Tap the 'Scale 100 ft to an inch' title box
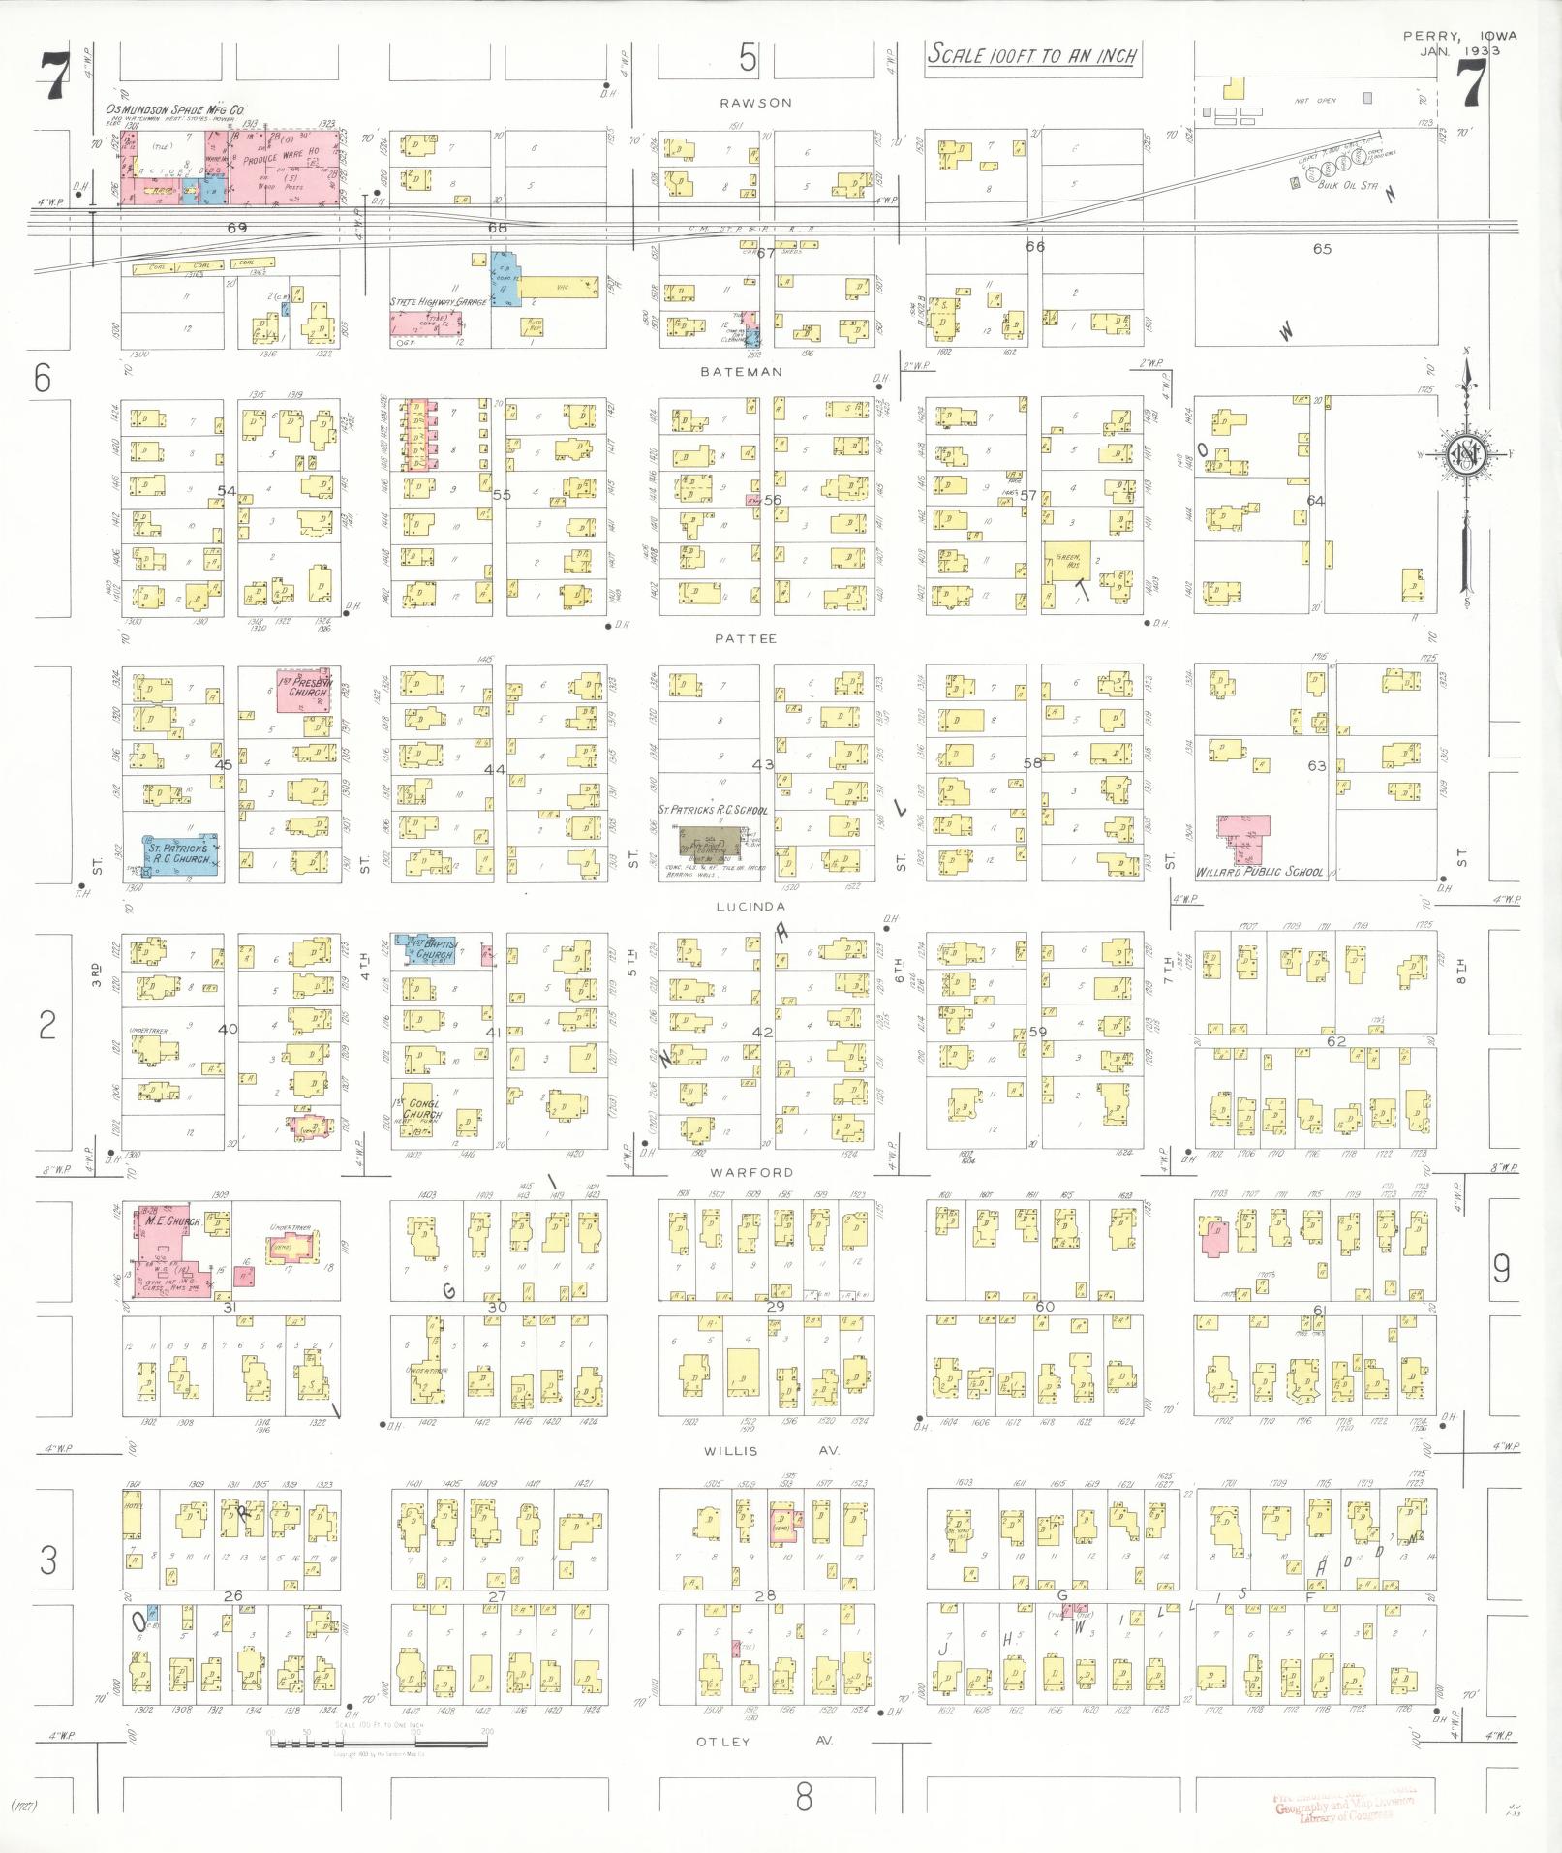click(x=1031, y=55)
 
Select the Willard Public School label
click(x=1259, y=872)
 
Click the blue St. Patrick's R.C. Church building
click(x=179, y=854)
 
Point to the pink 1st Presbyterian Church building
click(x=303, y=689)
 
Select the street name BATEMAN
click(x=743, y=371)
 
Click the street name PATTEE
click(x=746, y=639)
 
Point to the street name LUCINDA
click(x=750, y=907)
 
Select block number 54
click(x=227, y=491)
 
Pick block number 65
click(x=1322, y=249)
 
